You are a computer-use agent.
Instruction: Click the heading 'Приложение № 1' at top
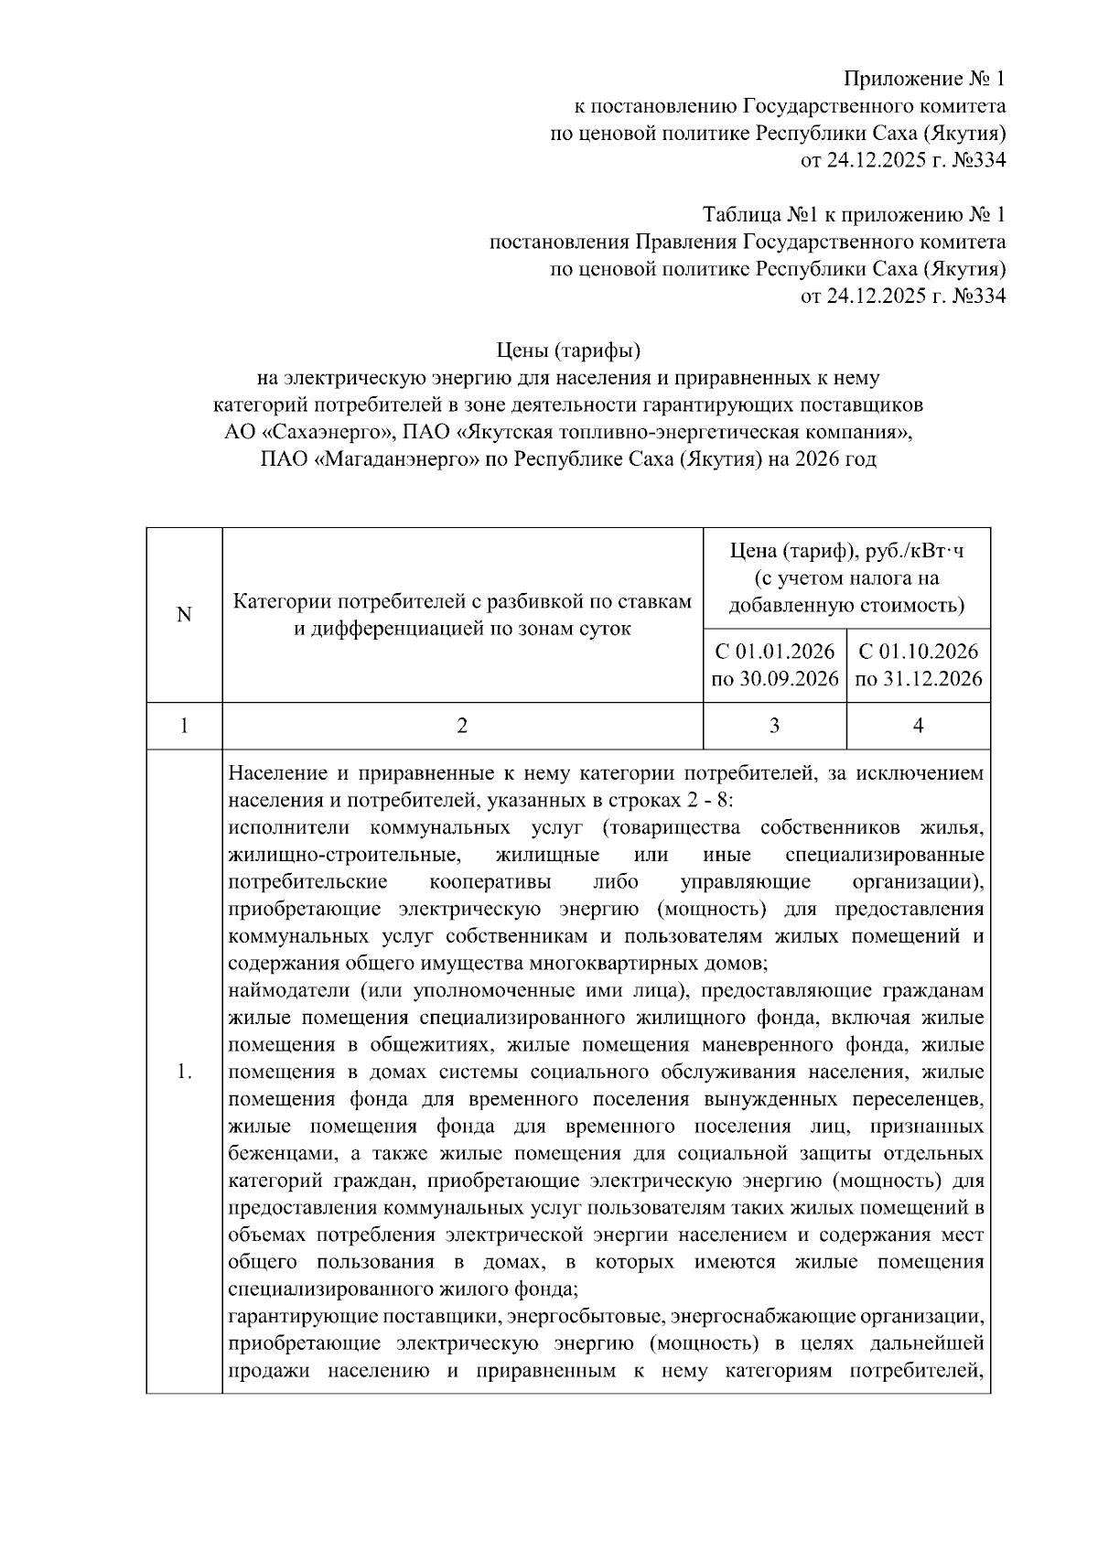pyautogui.click(x=924, y=78)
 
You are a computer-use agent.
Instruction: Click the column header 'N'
pyautogui.click(x=184, y=615)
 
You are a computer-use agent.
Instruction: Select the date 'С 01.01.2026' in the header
pyautogui.click(x=775, y=652)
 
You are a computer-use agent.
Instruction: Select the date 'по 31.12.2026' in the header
pyautogui.click(x=918, y=679)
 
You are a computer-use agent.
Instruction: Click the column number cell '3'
pyautogui.click(x=775, y=726)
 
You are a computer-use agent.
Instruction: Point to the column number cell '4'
pyautogui.click(x=918, y=726)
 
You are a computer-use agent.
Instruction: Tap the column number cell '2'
pyautogui.click(x=462, y=726)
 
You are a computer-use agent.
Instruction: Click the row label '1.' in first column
pyautogui.click(x=184, y=1072)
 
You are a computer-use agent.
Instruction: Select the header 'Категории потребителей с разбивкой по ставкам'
pyautogui.click(x=462, y=602)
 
